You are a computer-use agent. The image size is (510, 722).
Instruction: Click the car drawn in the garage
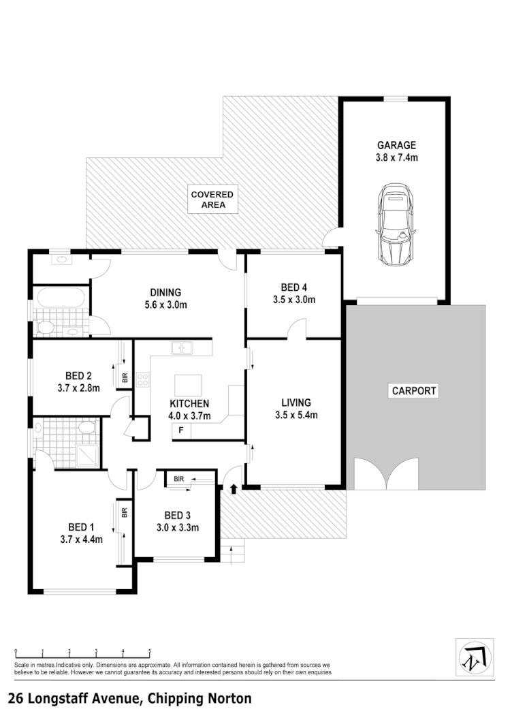coord(395,224)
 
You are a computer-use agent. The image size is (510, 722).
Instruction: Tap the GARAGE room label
coord(396,145)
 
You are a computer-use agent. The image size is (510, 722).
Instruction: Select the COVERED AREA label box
coord(212,199)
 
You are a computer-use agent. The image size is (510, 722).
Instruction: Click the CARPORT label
coord(413,391)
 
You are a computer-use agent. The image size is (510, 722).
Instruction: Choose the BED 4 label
coord(292,287)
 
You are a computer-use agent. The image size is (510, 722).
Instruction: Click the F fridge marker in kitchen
coord(181,430)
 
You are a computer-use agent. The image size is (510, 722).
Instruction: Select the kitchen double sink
coord(182,348)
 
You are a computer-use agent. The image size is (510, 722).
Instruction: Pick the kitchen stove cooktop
coord(143,379)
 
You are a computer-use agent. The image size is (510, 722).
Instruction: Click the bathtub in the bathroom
coord(60,298)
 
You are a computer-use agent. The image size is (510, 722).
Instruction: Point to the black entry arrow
coord(234,488)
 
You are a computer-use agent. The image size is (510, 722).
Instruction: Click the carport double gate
coord(386,475)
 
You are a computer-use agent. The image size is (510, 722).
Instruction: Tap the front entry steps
coord(233,554)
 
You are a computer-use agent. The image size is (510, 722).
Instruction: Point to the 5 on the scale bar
coord(150,651)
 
